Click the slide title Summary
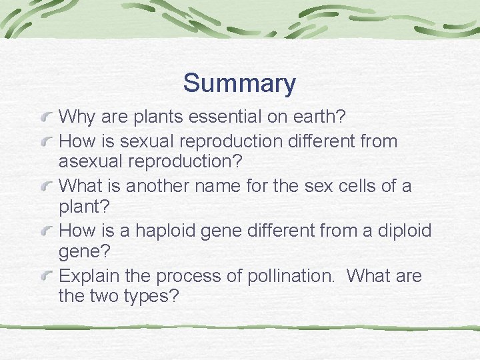click(239, 83)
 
